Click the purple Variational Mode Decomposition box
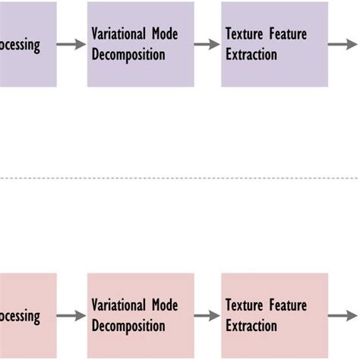(141, 44)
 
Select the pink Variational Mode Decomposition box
(141, 315)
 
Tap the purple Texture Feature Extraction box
(274, 44)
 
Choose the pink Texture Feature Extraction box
(274, 315)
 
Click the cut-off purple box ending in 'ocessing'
(27, 44)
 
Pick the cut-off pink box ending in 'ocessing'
(27, 315)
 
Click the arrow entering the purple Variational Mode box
(71, 45)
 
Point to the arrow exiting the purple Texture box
(343, 45)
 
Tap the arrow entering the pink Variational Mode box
(71, 316)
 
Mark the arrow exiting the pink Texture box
(343, 316)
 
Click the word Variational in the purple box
(117, 34)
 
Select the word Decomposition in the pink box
(128, 327)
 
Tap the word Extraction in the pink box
(251, 327)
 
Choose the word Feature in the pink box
(288, 305)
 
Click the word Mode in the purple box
(163, 34)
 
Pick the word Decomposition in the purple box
(128, 55)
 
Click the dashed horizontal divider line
(180, 178)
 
